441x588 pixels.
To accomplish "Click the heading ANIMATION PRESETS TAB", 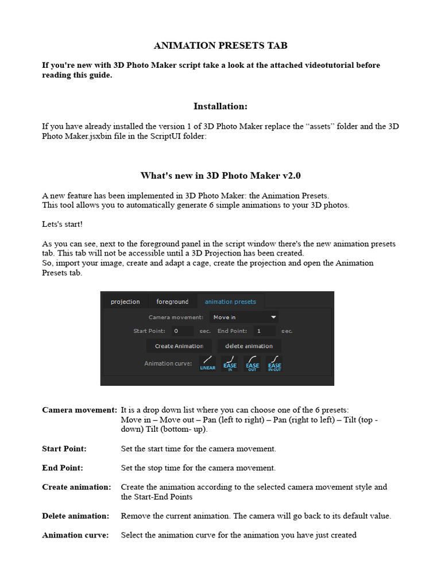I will click(220, 45).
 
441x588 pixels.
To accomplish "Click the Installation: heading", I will click(220, 106).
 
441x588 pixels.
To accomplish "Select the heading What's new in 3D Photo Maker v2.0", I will click(220, 175).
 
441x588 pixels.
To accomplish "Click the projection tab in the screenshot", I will click(125, 301).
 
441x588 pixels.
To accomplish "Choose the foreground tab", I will click(172, 301).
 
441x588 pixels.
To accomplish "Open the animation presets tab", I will click(230, 301).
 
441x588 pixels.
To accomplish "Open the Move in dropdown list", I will click(244, 317).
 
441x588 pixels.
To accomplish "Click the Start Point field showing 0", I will click(183, 331).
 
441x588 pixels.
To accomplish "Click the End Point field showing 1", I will click(265, 331).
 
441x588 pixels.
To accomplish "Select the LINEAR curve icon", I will click(208, 363).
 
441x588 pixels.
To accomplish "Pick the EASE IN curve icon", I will click(230, 363).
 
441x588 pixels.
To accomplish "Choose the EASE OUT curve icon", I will click(252, 363).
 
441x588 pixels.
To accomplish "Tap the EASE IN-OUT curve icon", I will click(274, 363).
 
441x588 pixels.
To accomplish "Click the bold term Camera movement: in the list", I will click(79, 410).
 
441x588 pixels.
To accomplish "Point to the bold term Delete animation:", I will click(75, 516).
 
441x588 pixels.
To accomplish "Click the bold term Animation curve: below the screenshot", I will click(75, 535).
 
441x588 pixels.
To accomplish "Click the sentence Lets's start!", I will click(66, 224).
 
